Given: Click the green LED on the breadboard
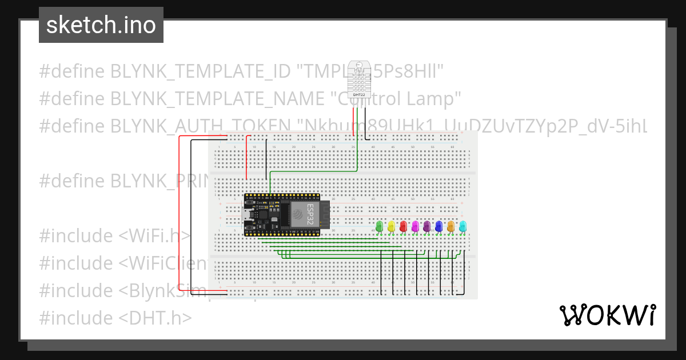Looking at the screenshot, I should pyautogui.click(x=379, y=226).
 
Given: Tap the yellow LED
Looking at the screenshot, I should pyautogui.click(x=391, y=226).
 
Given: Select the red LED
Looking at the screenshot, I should pyautogui.click(x=403, y=226).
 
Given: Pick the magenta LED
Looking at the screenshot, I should pyautogui.click(x=415, y=226).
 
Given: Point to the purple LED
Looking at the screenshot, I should pyautogui.click(x=426, y=226).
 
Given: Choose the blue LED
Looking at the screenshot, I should pyautogui.click(x=438, y=226).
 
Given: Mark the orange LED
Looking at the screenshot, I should pyautogui.click(x=450, y=226).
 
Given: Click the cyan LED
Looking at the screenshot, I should pyautogui.click(x=462, y=226).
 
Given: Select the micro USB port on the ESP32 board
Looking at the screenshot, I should pyautogui.click(x=247, y=215).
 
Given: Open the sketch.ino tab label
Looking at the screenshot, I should pyautogui.click(x=101, y=25).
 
